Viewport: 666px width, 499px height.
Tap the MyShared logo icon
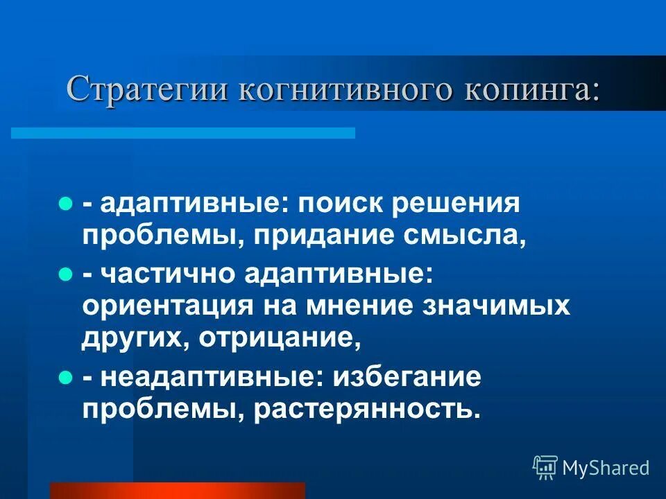tap(545, 468)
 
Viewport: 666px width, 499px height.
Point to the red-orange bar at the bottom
tap(178, 490)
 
